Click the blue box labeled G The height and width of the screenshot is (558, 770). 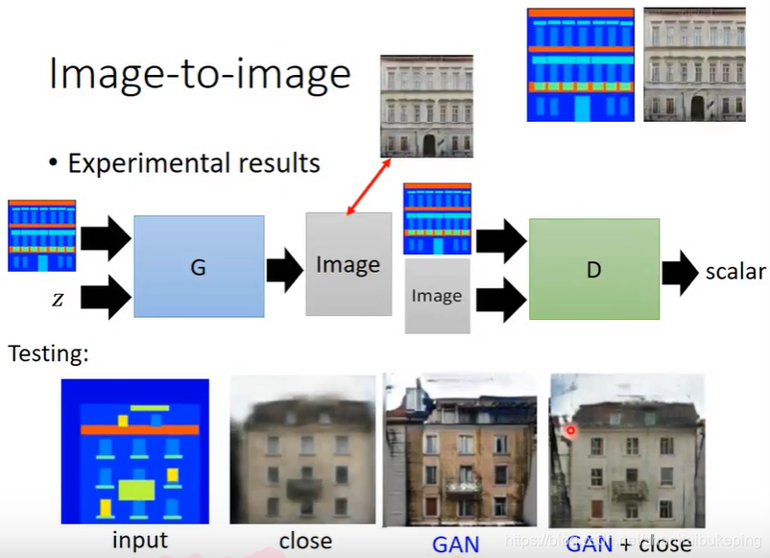click(x=199, y=266)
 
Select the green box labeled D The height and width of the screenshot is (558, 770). click(x=593, y=269)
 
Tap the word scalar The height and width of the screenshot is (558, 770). click(x=735, y=271)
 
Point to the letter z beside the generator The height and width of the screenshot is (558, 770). click(x=58, y=299)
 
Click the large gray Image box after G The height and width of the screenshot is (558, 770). click(x=348, y=264)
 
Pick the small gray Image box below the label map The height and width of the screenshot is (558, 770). click(x=437, y=295)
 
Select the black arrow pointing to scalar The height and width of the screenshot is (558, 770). click(x=681, y=272)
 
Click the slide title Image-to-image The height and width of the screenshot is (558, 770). click(x=200, y=74)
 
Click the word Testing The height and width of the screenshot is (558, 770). click(x=48, y=353)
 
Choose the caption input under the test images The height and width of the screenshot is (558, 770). click(x=140, y=541)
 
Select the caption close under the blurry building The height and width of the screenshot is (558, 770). click(x=305, y=542)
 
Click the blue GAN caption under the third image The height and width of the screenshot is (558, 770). click(x=456, y=544)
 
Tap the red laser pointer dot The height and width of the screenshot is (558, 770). click(x=570, y=430)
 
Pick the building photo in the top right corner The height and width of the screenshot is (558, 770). click(x=693, y=64)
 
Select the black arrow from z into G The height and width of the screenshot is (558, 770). click(x=106, y=297)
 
